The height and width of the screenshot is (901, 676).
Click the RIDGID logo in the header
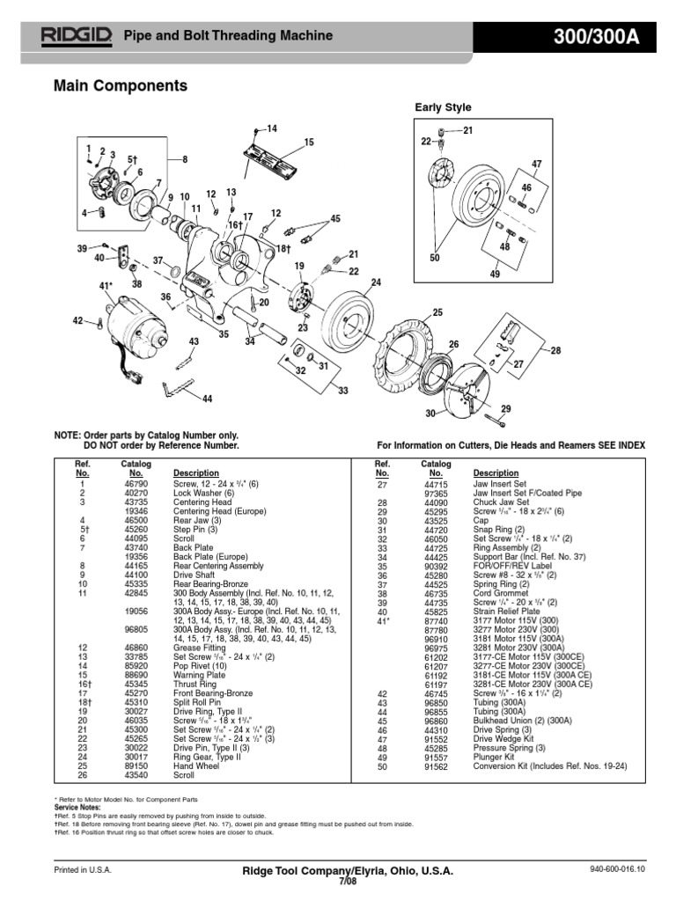pyautogui.click(x=77, y=36)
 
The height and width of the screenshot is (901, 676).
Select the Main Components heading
pyautogui.click(x=121, y=86)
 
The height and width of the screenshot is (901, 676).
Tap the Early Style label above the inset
pyautogui.click(x=443, y=107)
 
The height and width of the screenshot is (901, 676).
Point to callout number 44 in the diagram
pyautogui.click(x=208, y=399)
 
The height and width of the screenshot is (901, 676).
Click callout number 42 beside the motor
pyautogui.click(x=77, y=321)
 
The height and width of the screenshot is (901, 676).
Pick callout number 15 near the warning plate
pyautogui.click(x=309, y=143)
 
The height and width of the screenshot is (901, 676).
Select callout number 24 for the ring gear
pyautogui.click(x=377, y=282)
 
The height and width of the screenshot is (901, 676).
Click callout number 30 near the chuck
pyautogui.click(x=431, y=414)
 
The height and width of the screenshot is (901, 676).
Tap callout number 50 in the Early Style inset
pyautogui.click(x=434, y=257)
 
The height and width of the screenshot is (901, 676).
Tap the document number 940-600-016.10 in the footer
pyautogui.click(x=617, y=870)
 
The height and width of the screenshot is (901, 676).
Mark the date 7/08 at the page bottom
pyautogui.click(x=339, y=880)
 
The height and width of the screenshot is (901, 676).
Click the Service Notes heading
pyautogui.click(x=77, y=806)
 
